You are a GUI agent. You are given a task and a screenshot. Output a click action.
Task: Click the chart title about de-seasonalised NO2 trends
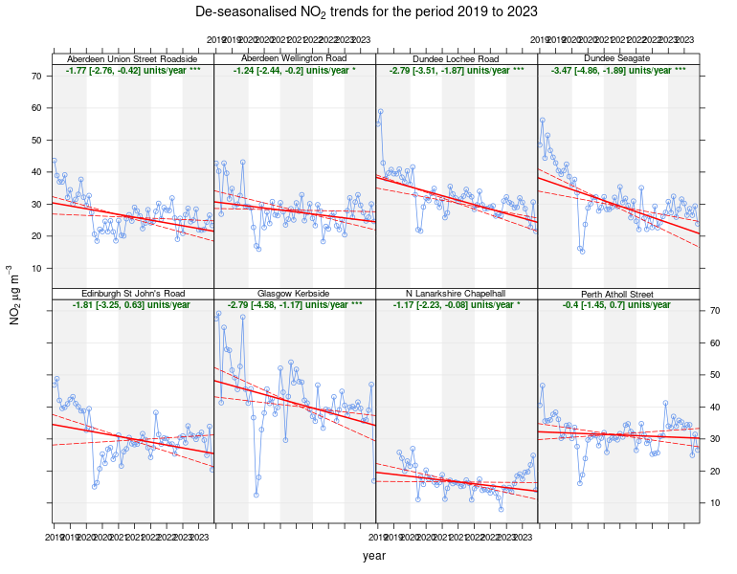367,11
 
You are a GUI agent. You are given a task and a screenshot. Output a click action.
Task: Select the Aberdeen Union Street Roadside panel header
133,59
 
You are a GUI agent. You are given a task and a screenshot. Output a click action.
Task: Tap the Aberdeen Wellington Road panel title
295,59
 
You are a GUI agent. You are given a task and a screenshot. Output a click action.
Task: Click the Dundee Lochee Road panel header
457,59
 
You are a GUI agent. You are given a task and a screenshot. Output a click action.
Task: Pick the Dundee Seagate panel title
618,59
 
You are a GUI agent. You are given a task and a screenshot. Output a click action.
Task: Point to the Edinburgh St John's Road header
133,293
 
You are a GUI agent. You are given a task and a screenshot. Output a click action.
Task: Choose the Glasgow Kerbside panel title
295,293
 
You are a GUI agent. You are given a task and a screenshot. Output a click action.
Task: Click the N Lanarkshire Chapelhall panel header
457,293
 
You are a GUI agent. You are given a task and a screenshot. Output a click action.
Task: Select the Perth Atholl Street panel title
618,293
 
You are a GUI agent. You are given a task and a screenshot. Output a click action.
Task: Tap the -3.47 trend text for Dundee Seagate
618,71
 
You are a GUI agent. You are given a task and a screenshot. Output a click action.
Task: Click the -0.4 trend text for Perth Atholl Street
618,304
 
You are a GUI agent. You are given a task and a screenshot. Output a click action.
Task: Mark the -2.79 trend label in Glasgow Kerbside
295,304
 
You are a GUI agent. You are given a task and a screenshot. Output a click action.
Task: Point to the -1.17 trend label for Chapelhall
457,304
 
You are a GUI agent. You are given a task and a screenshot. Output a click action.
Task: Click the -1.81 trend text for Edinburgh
133,304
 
